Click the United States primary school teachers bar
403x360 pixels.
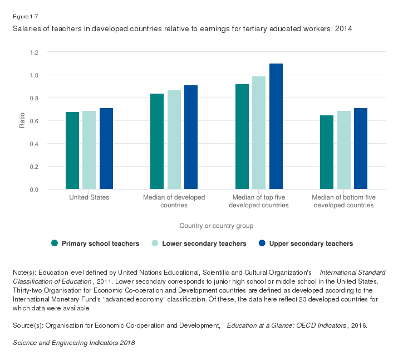tap(72, 150)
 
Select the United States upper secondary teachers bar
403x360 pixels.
tap(106, 149)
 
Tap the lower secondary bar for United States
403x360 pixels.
tap(89, 150)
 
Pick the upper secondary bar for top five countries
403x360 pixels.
tap(276, 127)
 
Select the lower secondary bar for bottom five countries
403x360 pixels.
tap(344, 150)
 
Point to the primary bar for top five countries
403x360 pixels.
tap(242, 137)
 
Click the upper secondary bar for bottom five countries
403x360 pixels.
tap(361, 149)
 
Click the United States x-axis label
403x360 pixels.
tap(89, 197)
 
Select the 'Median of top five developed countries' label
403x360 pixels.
tap(259, 201)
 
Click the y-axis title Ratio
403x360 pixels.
tap(22, 121)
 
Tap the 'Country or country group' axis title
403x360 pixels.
tap(217, 226)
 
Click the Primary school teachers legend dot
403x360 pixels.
tap(55, 243)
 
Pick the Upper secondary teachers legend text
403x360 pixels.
tap(311, 244)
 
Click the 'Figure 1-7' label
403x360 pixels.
tap(25, 16)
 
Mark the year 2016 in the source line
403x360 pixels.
tap(356, 324)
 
